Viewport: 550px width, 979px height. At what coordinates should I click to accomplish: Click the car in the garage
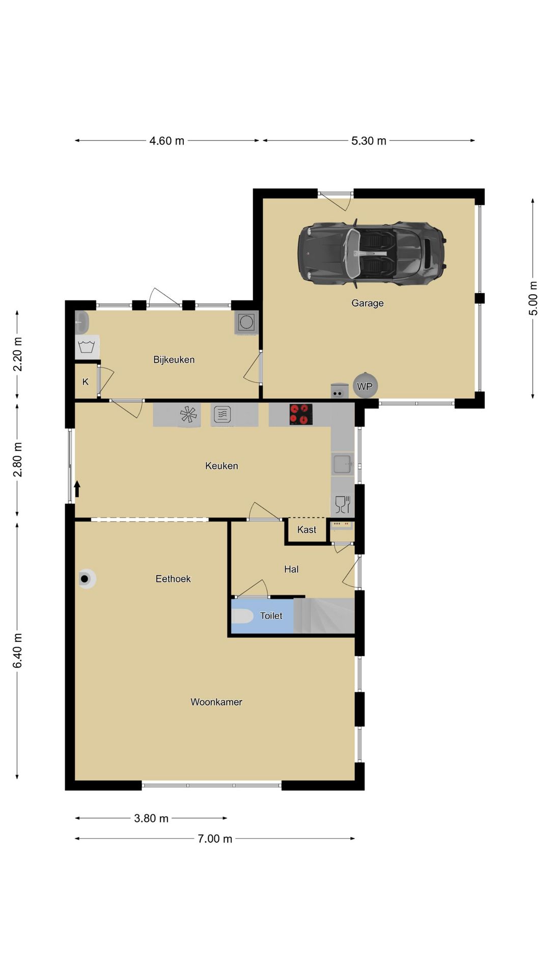click(x=372, y=253)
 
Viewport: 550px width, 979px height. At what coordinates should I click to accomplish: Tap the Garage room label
click(x=367, y=303)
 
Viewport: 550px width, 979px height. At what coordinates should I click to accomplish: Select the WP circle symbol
click(x=365, y=387)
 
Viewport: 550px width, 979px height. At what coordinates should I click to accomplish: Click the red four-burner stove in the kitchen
click(x=300, y=414)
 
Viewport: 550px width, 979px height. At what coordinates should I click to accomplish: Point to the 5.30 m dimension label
click(x=369, y=141)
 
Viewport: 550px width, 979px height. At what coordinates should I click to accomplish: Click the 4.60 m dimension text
click(x=167, y=141)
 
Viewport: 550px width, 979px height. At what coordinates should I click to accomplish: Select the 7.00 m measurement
click(x=215, y=838)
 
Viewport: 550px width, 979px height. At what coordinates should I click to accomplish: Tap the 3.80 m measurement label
click(x=151, y=818)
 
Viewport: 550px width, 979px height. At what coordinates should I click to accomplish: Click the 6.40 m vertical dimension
click(x=18, y=651)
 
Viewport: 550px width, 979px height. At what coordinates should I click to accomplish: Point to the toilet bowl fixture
click(x=242, y=616)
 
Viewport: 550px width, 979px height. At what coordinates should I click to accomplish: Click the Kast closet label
click(x=307, y=530)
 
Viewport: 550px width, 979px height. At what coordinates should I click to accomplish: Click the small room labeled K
click(x=86, y=381)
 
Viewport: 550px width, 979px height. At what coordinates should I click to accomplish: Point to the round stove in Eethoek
click(x=86, y=579)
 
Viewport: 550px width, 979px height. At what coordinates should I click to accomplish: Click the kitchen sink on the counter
click(x=342, y=465)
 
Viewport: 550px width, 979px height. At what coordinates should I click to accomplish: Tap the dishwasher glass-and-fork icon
click(x=342, y=504)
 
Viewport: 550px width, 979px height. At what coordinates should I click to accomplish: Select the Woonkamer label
click(x=216, y=702)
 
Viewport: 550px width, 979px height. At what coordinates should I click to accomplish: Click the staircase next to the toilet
click(x=324, y=616)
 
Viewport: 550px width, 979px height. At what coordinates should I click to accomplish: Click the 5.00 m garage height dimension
click(x=533, y=298)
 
